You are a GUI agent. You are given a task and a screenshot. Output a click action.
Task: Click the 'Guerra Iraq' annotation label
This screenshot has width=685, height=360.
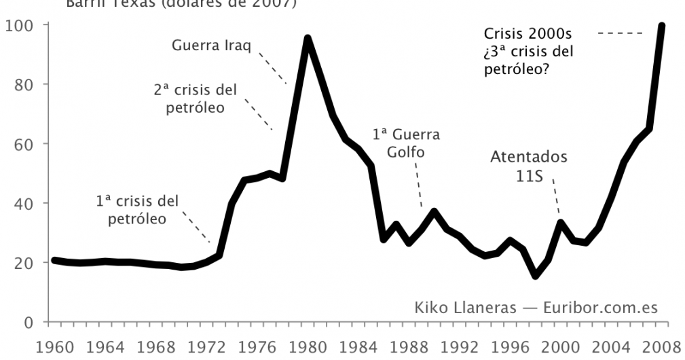coord(212,46)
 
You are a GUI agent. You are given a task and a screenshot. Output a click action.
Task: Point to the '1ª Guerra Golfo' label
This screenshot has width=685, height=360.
coord(406,143)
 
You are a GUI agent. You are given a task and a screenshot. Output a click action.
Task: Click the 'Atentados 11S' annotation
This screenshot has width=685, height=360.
coord(528,166)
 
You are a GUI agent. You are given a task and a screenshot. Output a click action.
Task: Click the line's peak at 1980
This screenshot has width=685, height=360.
coord(308,39)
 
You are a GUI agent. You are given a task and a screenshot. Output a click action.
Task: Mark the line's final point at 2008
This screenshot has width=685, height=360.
coord(662,26)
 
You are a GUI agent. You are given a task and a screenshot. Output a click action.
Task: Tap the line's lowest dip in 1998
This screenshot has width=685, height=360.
coord(536,276)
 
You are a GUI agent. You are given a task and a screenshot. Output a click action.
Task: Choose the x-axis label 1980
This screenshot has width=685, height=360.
coord(308,344)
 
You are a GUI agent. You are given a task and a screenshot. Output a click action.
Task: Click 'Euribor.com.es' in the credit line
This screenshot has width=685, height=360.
coord(600,308)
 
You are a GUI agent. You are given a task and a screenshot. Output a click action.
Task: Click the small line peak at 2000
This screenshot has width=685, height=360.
coord(561,222)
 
